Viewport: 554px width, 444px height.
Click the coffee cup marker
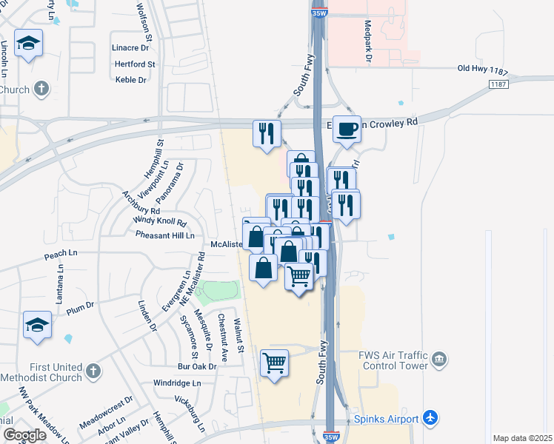click(x=347, y=130)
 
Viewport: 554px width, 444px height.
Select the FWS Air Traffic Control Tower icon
click(x=439, y=360)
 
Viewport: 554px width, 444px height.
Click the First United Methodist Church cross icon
click(x=93, y=370)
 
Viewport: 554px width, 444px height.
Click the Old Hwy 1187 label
click(x=484, y=69)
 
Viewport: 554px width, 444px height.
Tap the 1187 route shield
click(x=499, y=85)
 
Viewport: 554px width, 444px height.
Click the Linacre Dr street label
click(x=130, y=47)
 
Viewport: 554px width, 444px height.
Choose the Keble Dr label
click(x=131, y=80)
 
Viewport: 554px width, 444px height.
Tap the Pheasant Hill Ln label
click(x=164, y=235)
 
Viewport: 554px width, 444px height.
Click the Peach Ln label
click(x=61, y=254)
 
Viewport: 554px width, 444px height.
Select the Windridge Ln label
click(x=177, y=383)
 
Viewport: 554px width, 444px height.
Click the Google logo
click(x=24, y=435)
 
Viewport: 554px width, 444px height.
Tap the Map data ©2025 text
click(x=521, y=438)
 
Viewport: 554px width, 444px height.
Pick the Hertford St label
click(x=135, y=64)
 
